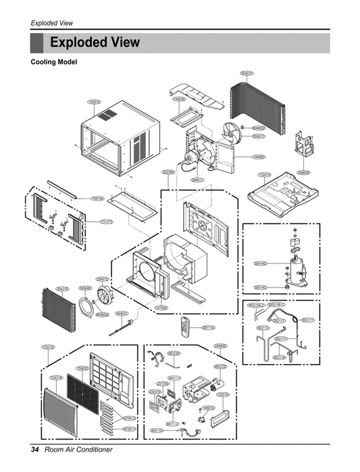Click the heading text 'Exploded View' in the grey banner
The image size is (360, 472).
(x=95, y=43)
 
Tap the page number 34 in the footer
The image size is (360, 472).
(x=35, y=450)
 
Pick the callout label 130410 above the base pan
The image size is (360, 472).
(x=265, y=174)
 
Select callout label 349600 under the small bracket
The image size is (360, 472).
(x=305, y=172)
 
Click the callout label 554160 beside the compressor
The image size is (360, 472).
(x=261, y=263)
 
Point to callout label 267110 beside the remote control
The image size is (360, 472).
(x=209, y=327)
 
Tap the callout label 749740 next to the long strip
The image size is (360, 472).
(x=98, y=199)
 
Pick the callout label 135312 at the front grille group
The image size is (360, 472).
(x=47, y=346)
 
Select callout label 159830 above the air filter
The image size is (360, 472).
(x=82, y=368)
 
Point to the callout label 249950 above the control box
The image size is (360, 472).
(x=220, y=346)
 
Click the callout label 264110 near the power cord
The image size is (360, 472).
(x=157, y=430)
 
